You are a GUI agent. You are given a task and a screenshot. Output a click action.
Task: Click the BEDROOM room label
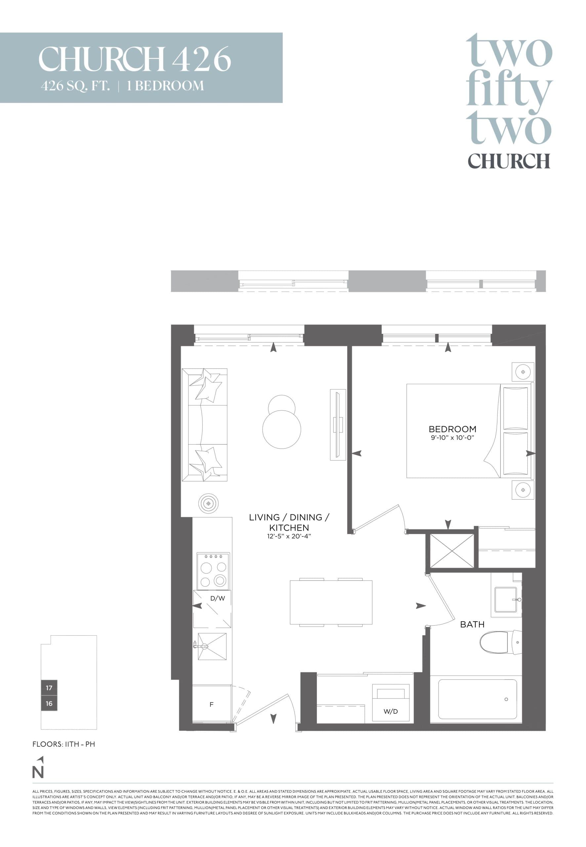[x=452, y=429]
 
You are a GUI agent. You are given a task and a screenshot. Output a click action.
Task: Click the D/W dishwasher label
[x=217, y=598]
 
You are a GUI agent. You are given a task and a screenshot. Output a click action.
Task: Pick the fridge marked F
[x=212, y=704]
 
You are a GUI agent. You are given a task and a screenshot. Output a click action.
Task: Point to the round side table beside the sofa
[x=208, y=503]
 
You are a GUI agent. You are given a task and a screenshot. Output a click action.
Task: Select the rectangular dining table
[x=331, y=602]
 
